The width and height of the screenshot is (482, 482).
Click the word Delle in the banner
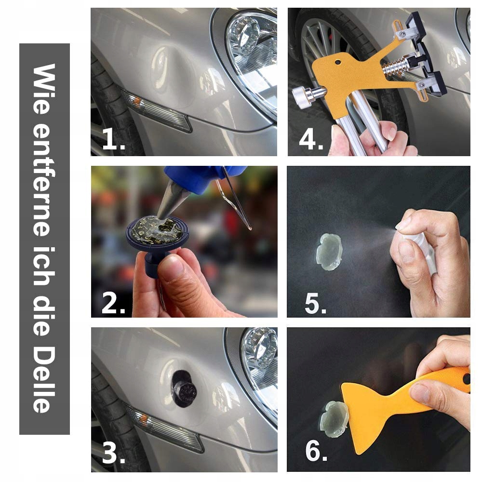click(44, 380)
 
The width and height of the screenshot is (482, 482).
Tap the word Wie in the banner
click(44, 89)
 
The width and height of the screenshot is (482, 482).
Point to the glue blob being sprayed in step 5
click(329, 252)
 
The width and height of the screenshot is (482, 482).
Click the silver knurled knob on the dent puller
click(303, 97)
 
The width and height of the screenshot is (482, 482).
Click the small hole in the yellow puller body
click(338, 62)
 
